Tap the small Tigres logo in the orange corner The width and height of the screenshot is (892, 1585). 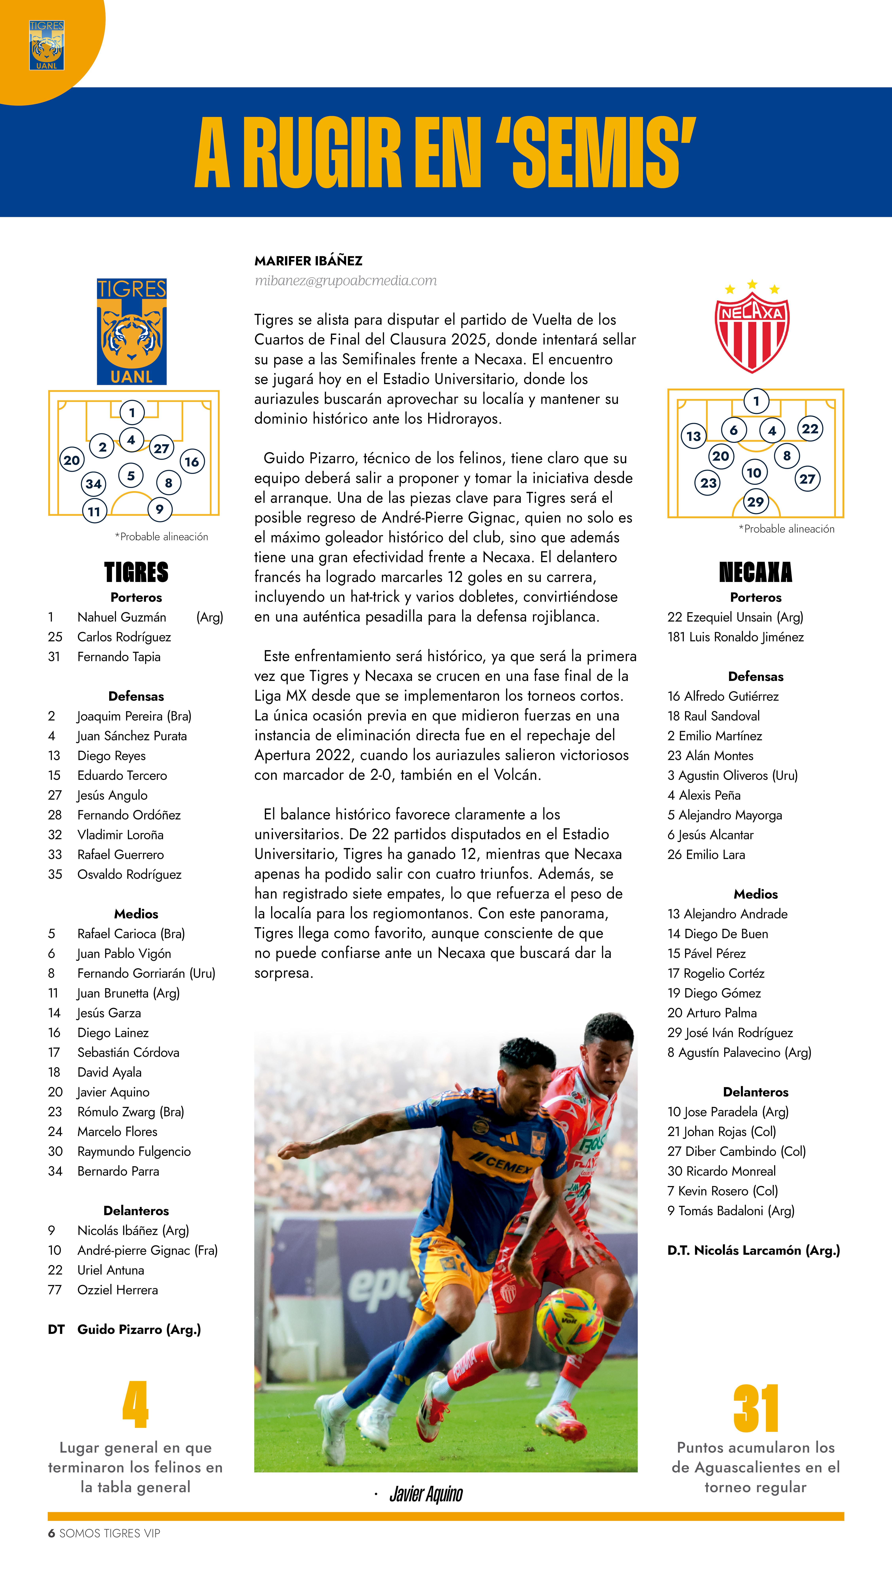point(47,45)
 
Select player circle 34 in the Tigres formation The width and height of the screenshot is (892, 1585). point(94,484)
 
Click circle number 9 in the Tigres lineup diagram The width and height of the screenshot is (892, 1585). point(159,509)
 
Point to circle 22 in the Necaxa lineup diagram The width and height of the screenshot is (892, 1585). point(810,429)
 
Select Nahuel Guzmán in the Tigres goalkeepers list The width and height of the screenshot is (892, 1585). point(122,617)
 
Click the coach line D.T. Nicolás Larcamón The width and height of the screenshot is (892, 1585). point(754,1250)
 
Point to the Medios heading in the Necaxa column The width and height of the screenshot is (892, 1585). point(756,894)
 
